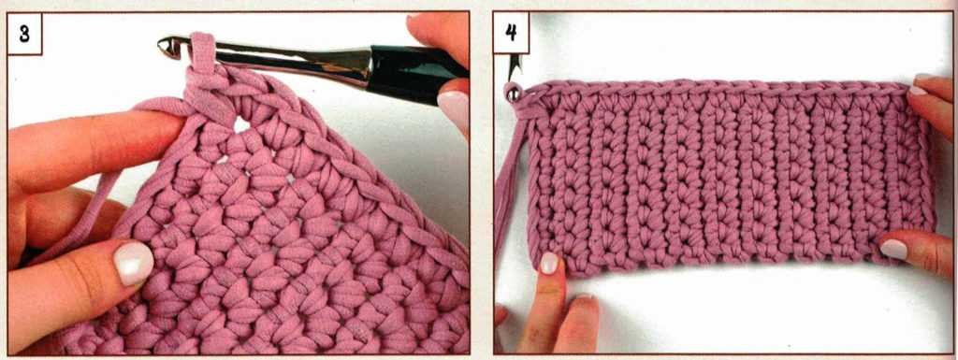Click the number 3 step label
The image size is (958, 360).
point(24,34)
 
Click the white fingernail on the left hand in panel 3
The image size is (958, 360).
point(134,263)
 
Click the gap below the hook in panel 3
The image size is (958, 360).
point(242,125)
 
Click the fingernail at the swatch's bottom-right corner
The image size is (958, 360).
point(893,249)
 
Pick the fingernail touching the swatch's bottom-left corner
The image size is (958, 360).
point(548,263)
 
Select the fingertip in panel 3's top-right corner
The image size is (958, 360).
point(437,36)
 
